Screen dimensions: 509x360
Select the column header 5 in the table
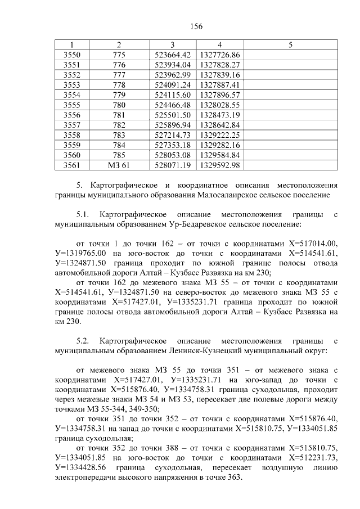[x=290, y=44]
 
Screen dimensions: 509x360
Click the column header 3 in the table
[x=172, y=44]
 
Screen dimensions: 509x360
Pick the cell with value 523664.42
[x=172, y=55]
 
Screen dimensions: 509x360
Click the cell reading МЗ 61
[x=119, y=165]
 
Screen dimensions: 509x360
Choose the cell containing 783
[x=119, y=134]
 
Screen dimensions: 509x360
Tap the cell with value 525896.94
[x=172, y=125]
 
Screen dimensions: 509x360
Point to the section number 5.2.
[x=83, y=341]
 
